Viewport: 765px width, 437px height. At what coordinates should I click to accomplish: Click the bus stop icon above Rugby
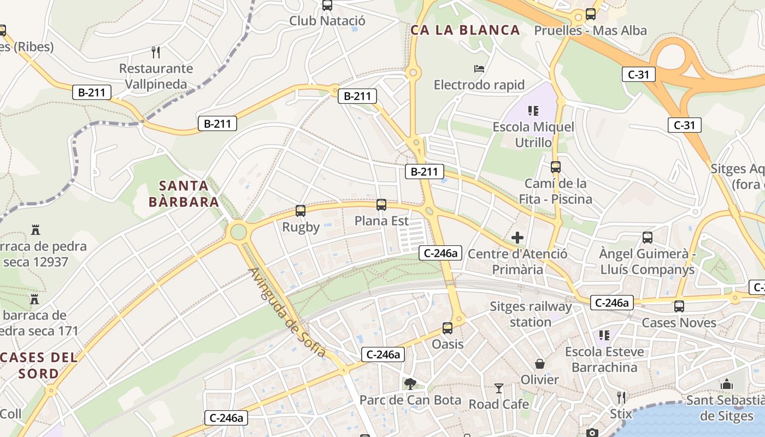(x=300, y=210)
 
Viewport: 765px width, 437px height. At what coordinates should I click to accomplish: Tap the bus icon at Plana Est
(x=381, y=205)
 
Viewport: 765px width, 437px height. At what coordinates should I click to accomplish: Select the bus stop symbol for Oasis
(x=448, y=328)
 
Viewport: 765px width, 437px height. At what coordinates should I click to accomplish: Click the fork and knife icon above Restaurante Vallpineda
(x=156, y=52)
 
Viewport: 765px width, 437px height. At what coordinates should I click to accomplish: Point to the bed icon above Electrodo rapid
(x=479, y=69)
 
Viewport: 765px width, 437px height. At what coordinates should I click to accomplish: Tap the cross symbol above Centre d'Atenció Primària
(x=517, y=238)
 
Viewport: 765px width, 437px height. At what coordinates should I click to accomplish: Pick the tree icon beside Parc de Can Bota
(x=410, y=384)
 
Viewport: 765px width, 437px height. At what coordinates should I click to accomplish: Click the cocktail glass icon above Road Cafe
(x=499, y=388)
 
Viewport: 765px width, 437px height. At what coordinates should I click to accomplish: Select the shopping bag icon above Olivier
(x=540, y=364)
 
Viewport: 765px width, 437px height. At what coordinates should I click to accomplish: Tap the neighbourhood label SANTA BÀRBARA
(x=184, y=193)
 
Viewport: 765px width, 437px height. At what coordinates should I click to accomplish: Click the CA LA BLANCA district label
(x=465, y=30)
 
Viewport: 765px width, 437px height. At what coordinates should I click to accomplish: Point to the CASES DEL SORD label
(x=39, y=366)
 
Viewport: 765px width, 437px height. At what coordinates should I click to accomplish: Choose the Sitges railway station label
(x=531, y=314)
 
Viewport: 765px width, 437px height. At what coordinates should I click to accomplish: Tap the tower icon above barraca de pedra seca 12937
(x=36, y=229)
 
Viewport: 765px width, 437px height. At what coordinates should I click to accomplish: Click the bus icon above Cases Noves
(x=679, y=306)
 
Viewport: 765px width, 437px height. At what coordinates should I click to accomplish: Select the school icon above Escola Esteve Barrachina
(x=604, y=335)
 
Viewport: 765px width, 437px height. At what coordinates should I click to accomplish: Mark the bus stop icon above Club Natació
(x=327, y=5)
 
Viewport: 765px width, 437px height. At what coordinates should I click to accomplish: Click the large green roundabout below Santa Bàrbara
(x=238, y=232)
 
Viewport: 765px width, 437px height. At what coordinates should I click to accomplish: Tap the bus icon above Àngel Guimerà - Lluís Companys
(x=648, y=238)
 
